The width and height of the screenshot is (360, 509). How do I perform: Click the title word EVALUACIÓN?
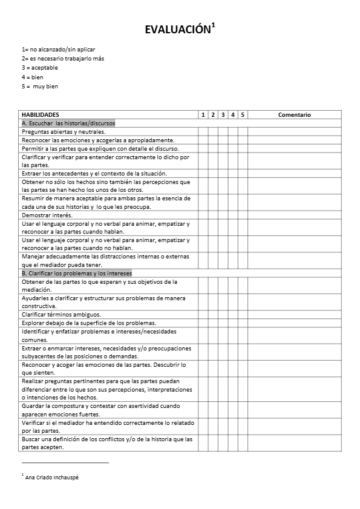tap(178, 30)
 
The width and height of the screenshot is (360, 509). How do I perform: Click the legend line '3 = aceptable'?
tap(40, 68)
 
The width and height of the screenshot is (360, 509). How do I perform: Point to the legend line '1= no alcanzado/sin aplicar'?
tap(59, 49)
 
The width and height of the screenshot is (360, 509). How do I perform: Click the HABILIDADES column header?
tap(41, 114)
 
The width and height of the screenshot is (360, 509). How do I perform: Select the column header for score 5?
tap(243, 114)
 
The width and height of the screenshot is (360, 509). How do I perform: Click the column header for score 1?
tap(203, 114)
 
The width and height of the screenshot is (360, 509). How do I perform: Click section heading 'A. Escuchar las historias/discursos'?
tap(68, 123)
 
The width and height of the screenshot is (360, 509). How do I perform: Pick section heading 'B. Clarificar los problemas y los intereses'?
tap(77, 273)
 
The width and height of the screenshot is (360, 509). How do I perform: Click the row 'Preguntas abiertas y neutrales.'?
tap(64, 131)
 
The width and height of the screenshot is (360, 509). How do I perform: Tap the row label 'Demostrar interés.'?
tap(47, 215)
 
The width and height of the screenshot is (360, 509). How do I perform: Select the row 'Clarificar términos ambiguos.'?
tap(61, 315)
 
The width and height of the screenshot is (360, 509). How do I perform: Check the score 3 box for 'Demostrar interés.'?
tap(223, 215)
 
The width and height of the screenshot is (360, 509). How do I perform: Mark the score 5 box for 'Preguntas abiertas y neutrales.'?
tap(243, 131)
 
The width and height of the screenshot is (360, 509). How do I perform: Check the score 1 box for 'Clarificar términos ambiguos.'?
tap(203, 315)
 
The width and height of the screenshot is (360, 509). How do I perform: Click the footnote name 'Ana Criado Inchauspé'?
tap(52, 477)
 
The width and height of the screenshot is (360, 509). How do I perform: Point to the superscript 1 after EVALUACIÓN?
tap(213, 26)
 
